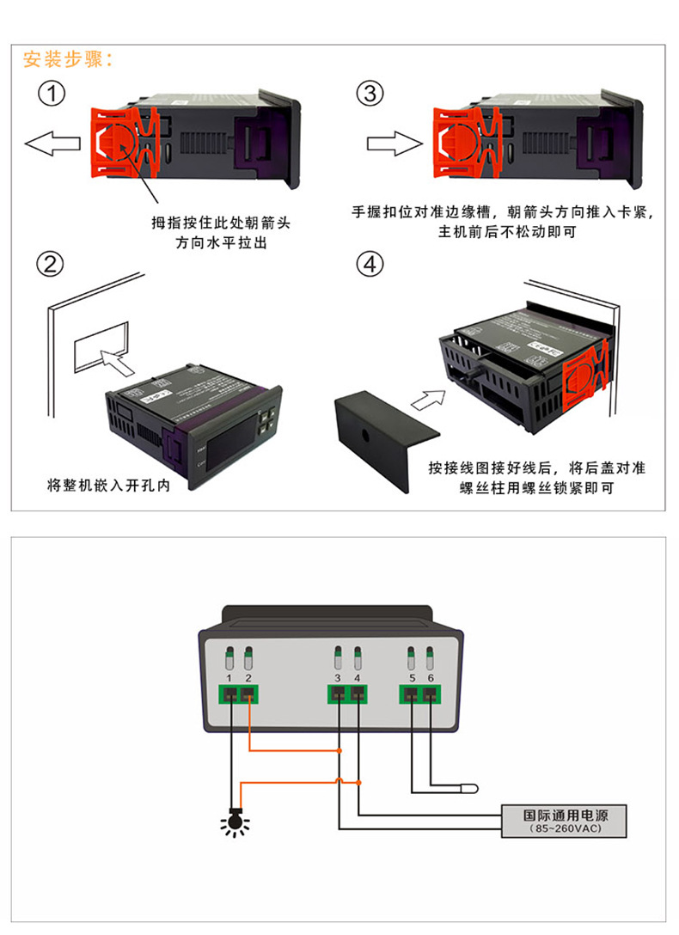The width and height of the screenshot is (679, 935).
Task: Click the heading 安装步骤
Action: point(68,59)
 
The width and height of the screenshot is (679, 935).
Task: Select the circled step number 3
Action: point(370,94)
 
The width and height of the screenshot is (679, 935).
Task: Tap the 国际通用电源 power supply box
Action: point(565,820)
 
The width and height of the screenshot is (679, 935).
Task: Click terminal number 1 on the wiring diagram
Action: point(229,679)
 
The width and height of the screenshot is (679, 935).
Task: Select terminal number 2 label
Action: point(248,679)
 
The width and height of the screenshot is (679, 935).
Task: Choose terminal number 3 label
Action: point(339,679)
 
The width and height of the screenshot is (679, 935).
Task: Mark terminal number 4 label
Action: point(358,679)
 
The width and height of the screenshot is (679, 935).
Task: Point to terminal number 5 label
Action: point(412,679)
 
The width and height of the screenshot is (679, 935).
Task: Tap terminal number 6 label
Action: point(431,679)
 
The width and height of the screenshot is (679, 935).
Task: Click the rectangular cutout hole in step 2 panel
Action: point(101,347)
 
